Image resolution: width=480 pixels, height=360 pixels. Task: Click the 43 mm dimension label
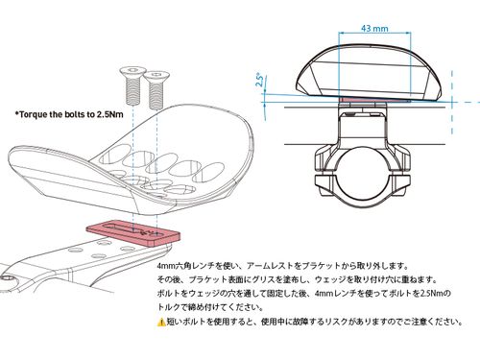(374, 28)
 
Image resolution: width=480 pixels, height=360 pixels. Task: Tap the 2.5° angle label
(260, 81)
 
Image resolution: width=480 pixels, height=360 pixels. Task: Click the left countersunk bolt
(132, 85)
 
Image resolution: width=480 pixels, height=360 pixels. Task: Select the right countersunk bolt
(156, 90)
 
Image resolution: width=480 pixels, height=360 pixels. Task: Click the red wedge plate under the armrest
(132, 235)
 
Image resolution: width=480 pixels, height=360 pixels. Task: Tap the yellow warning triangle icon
(161, 322)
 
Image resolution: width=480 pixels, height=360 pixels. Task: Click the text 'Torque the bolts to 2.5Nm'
(69, 114)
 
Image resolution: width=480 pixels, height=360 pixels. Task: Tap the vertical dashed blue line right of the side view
(452, 103)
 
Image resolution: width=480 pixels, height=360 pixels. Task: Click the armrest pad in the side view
(371, 72)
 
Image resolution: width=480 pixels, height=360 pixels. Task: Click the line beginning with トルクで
(210, 307)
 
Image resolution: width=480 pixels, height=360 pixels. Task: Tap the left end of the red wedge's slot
(101, 228)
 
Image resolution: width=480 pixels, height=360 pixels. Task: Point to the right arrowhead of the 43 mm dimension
(409, 32)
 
